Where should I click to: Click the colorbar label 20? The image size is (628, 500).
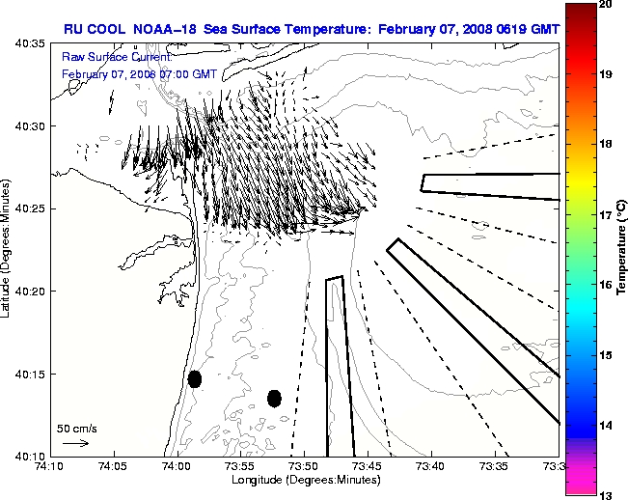[x=606, y=5]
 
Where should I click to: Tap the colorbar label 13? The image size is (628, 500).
[x=606, y=494]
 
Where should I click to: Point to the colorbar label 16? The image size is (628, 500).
[x=606, y=285]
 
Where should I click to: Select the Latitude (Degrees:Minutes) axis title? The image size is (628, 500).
[x=9, y=249]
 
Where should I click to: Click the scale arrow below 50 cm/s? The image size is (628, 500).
[x=75, y=443]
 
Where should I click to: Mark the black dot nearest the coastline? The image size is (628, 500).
[x=195, y=378]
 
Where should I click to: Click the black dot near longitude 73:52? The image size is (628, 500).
[x=274, y=398]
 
